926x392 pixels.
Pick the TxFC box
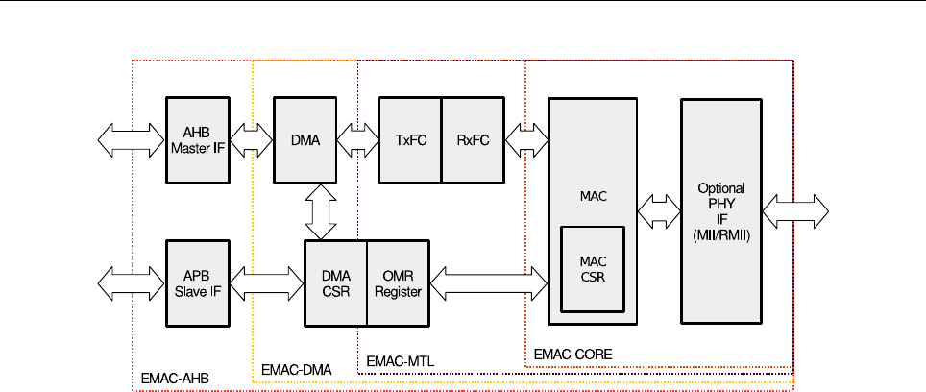[x=410, y=140]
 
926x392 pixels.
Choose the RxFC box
[x=473, y=140]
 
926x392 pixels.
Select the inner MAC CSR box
[x=592, y=269]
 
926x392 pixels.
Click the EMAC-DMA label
[x=290, y=369]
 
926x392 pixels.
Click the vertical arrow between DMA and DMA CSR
[x=320, y=211]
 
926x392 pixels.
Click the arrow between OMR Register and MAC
[x=488, y=281]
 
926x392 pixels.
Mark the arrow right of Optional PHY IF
[x=796, y=211]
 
